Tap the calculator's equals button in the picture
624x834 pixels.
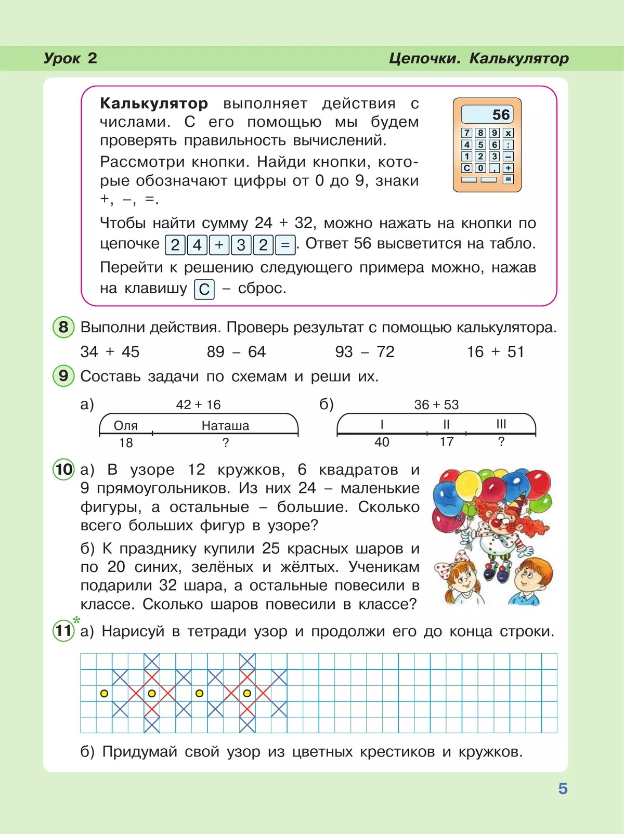pyautogui.click(x=508, y=179)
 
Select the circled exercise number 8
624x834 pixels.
pyautogui.click(x=63, y=327)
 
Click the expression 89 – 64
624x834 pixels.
pyautogui.click(x=236, y=352)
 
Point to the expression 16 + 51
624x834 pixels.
pyautogui.click(x=495, y=352)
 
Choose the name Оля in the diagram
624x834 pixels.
pyautogui.click(x=125, y=426)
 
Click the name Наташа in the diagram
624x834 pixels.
pyautogui.click(x=225, y=426)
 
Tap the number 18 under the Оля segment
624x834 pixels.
pyautogui.click(x=126, y=443)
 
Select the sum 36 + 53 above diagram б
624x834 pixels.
pyautogui.click(x=436, y=405)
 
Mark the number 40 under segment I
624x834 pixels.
pyautogui.click(x=382, y=442)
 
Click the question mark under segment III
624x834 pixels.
pyautogui.click(x=501, y=441)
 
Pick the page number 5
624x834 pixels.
pyautogui.click(x=563, y=789)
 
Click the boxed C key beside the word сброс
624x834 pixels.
pyautogui.click(x=204, y=289)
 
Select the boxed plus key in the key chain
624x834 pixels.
pyautogui.click(x=219, y=244)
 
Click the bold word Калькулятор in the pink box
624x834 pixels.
pyautogui.click(x=154, y=103)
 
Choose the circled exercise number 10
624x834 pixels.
pyautogui.click(x=63, y=470)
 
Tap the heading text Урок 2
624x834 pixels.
pyautogui.click(x=70, y=58)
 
